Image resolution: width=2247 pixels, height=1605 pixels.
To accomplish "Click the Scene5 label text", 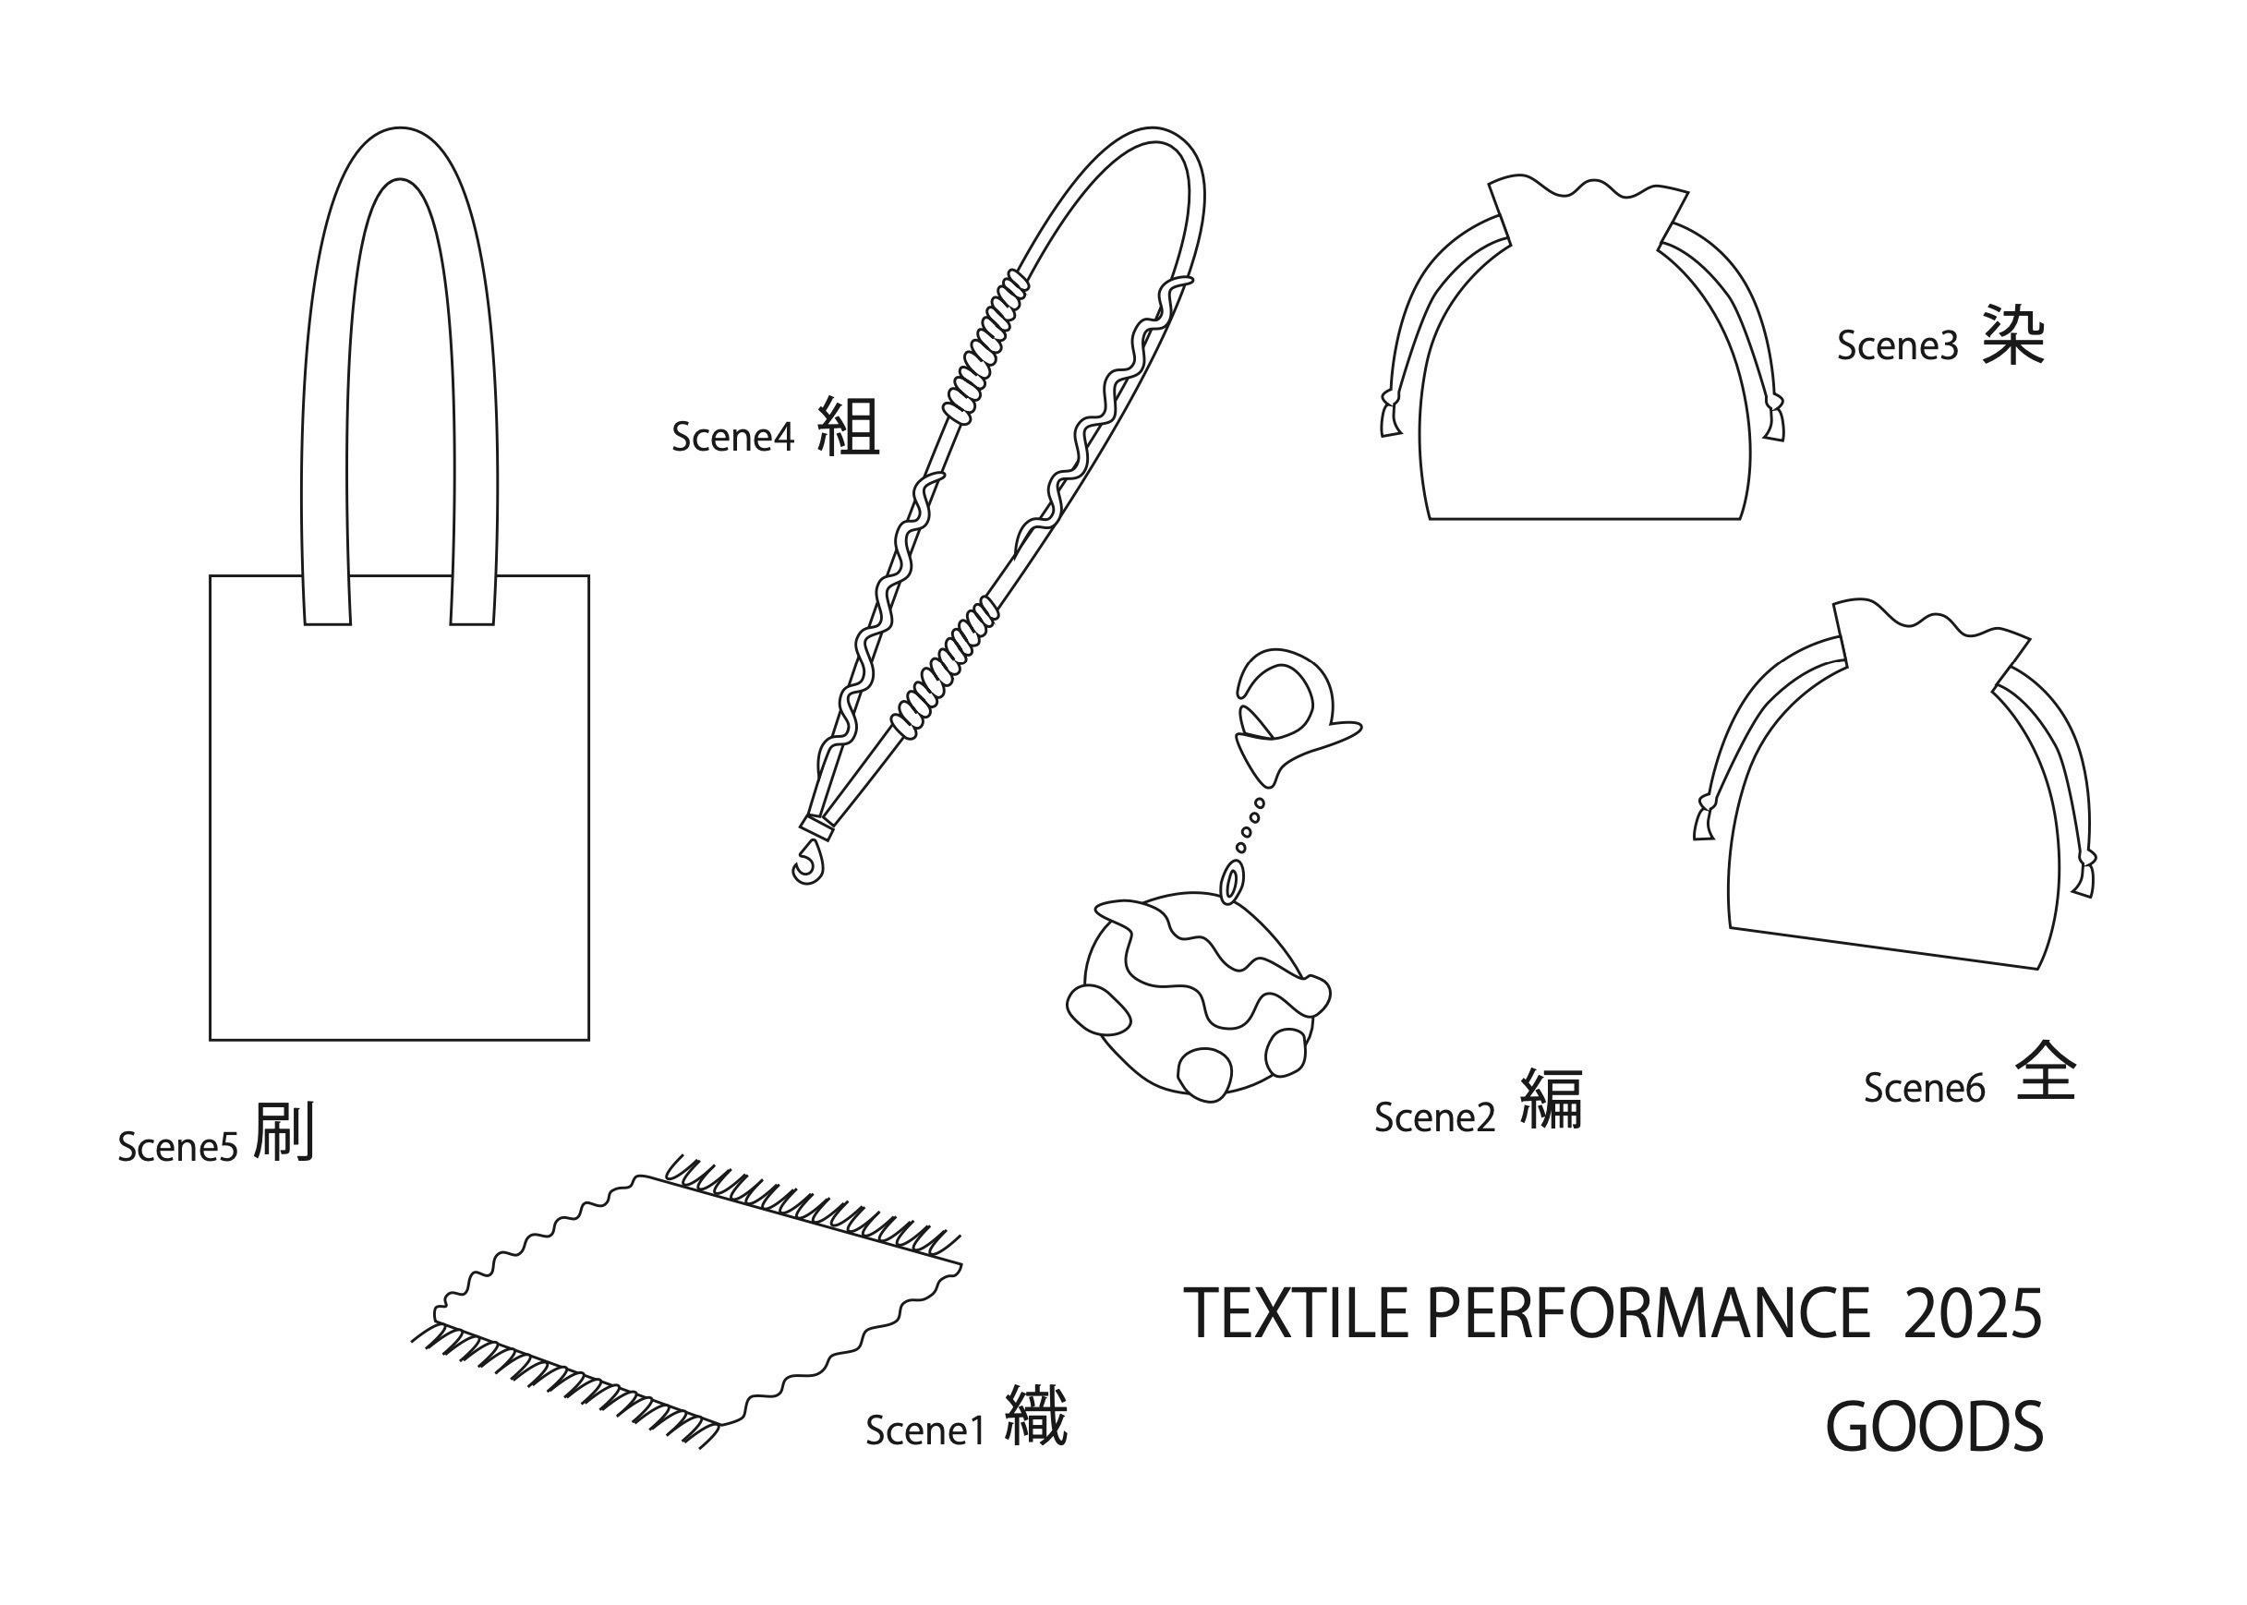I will tap(177, 1147).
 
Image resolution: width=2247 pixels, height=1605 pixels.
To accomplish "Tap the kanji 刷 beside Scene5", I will tap(284, 1132).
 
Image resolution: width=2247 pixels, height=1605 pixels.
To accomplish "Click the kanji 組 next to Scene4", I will tap(848, 426).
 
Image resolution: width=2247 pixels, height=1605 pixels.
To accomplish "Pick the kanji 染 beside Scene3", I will tap(2011, 334).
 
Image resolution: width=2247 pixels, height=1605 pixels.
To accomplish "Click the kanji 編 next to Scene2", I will tap(1551, 1100).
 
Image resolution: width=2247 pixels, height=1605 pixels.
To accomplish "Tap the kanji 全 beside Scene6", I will tap(2046, 1071).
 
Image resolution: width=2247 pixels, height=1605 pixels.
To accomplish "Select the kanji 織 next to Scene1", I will tap(1035, 1417).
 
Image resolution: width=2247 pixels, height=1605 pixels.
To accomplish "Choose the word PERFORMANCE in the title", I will tap(1648, 1313).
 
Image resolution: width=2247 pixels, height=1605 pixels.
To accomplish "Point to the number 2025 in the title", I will tap(1971, 1313).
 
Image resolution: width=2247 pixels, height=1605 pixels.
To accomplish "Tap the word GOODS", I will tap(1934, 1427).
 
